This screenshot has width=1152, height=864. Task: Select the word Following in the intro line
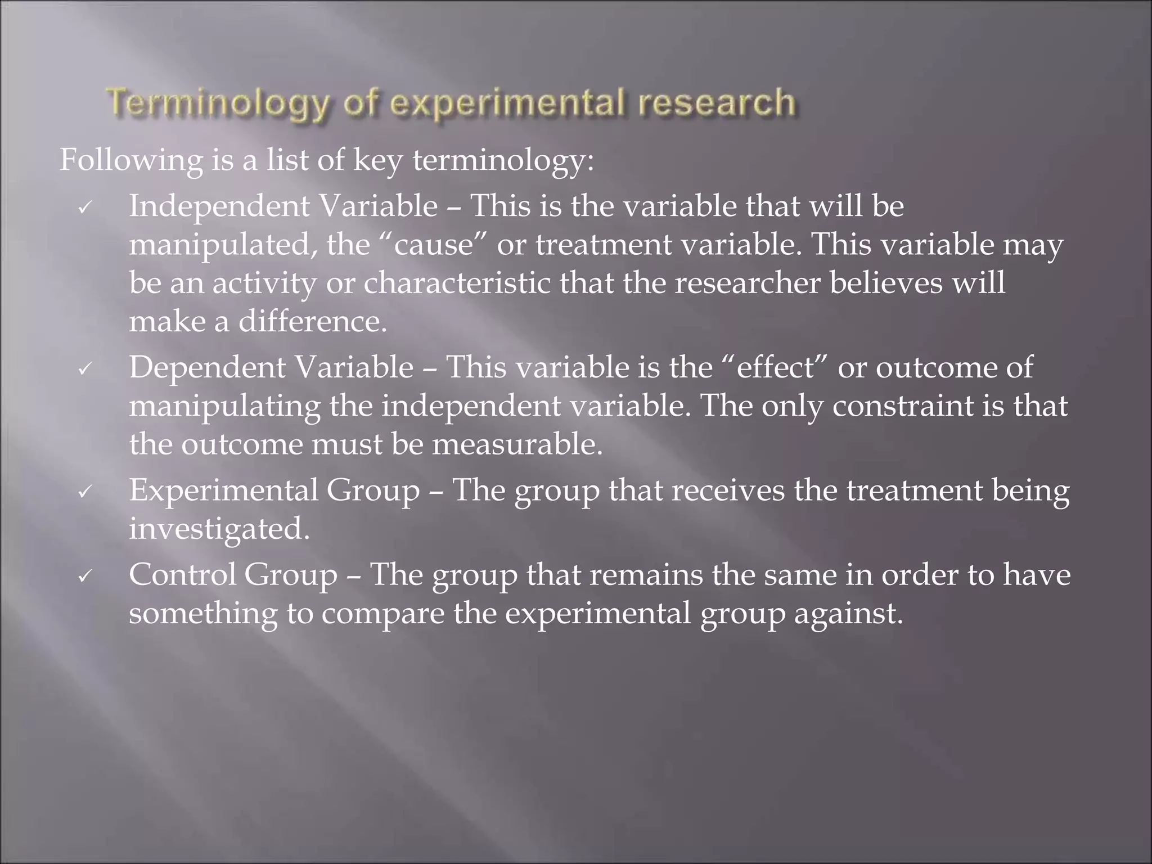click(131, 160)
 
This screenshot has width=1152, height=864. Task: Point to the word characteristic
click(457, 282)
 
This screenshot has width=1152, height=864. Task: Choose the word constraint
click(902, 406)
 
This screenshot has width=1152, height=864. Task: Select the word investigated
click(219, 529)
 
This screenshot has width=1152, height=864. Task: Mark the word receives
click(728, 490)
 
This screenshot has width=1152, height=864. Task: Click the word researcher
click(748, 282)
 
